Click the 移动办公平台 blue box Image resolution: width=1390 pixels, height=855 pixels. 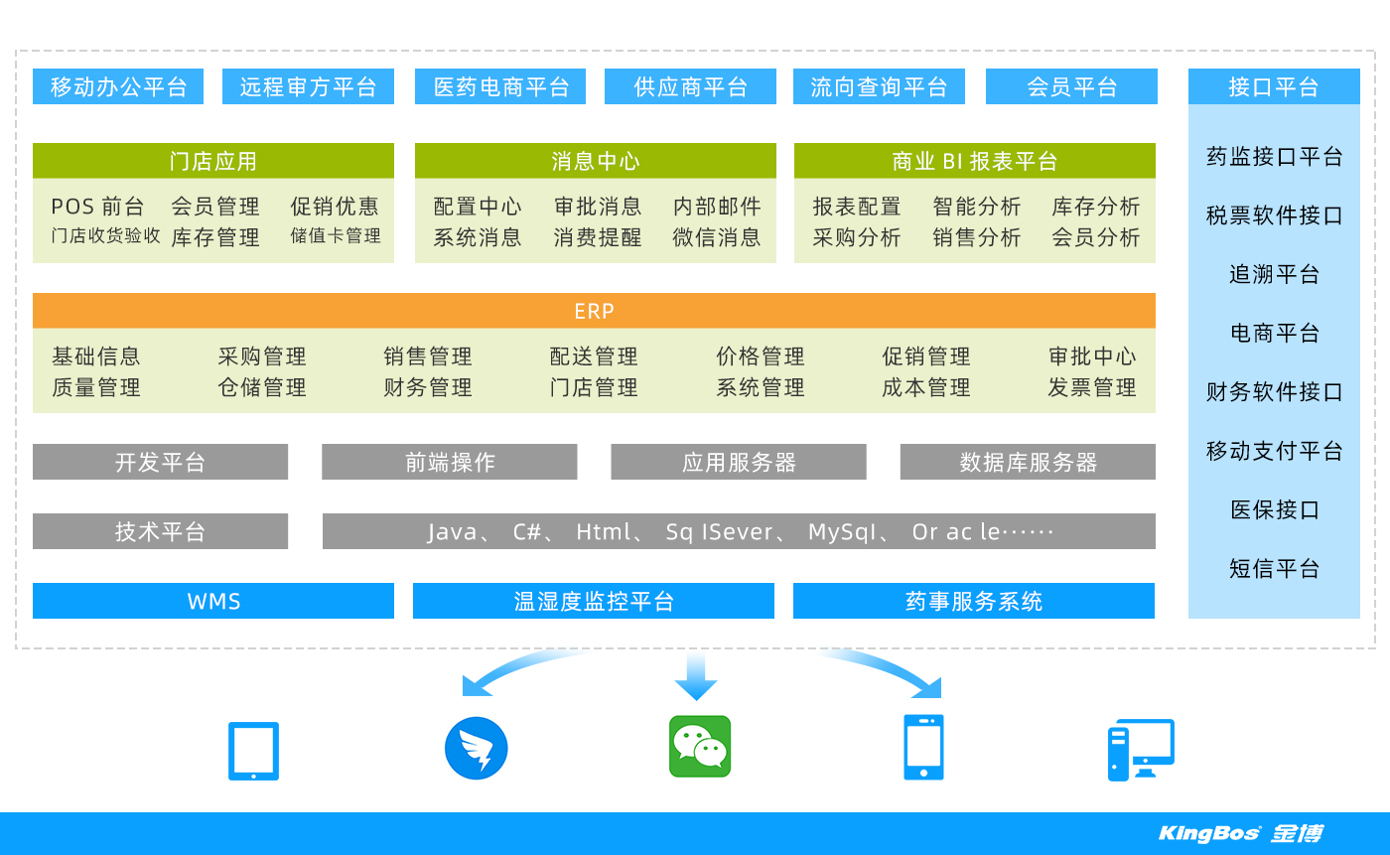(118, 86)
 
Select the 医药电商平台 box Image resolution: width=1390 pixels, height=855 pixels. (500, 86)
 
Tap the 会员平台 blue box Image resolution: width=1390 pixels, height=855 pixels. (1071, 86)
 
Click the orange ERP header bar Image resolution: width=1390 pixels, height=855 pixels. (594, 310)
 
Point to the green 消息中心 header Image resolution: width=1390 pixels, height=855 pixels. (595, 161)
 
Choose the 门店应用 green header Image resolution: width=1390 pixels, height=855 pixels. (212, 161)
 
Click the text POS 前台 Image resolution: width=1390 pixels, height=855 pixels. (97, 206)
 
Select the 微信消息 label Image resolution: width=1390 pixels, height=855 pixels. (717, 237)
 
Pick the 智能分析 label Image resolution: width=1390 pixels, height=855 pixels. (977, 206)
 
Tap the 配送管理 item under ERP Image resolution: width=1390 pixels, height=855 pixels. (594, 356)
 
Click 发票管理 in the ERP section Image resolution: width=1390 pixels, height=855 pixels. (1092, 387)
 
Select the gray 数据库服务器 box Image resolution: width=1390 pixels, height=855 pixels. (1028, 462)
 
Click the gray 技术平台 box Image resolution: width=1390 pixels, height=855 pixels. (160, 531)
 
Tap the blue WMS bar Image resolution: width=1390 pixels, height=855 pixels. (212, 601)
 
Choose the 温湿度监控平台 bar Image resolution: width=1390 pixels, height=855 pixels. (594, 601)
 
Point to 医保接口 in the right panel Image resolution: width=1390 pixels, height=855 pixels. (1275, 509)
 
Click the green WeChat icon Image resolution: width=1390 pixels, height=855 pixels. (700, 747)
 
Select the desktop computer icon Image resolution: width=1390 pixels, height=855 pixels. (1141, 750)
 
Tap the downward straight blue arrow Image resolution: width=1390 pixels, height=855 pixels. (696, 675)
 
